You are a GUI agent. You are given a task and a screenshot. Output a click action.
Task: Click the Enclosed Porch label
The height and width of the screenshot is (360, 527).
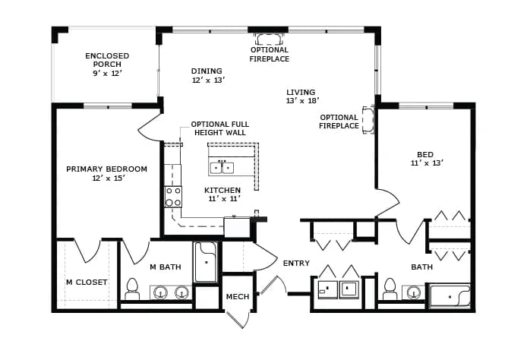tap(107, 60)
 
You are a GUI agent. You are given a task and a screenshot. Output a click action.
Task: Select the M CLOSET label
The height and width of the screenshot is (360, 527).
tap(87, 283)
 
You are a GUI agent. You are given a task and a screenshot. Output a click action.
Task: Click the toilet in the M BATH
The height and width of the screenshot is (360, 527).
tap(132, 289)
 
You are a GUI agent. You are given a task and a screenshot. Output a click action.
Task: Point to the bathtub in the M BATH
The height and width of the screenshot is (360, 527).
tap(205, 262)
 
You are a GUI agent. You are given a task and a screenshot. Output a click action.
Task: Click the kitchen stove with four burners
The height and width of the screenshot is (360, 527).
tap(173, 197)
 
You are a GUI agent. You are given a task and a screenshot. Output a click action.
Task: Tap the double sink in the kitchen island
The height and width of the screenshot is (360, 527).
tap(222, 167)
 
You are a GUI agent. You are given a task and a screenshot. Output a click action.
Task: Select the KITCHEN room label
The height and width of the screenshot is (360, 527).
tap(222, 190)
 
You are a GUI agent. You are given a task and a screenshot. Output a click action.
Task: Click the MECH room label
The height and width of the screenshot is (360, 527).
tap(238, 296)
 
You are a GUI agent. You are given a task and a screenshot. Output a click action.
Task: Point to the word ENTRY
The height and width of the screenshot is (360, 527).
tap(296, 264)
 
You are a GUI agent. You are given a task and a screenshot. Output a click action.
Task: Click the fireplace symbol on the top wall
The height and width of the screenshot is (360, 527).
tap(270, 39)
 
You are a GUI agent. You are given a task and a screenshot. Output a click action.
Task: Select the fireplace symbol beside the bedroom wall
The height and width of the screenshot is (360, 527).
tap(368, 120)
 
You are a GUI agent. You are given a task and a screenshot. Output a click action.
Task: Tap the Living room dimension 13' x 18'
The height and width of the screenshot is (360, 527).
tap(302, 100)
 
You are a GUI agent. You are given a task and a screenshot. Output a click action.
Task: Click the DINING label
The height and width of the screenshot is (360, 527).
tap(207, 71)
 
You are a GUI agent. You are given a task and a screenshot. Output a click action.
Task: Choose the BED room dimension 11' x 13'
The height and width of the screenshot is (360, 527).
tap(427, 163)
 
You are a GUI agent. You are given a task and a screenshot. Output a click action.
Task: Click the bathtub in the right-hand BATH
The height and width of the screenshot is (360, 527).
tap(450, 295)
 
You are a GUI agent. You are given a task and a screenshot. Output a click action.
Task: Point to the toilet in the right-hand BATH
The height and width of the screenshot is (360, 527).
tap(390, 289)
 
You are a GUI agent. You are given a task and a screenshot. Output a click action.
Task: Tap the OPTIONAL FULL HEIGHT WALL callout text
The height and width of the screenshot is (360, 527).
tap(220, 128)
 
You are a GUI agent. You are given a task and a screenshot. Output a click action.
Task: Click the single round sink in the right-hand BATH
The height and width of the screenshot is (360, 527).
tap(414, 292)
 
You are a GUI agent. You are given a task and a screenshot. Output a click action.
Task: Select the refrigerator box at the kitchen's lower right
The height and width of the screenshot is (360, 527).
tap(237, 228)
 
